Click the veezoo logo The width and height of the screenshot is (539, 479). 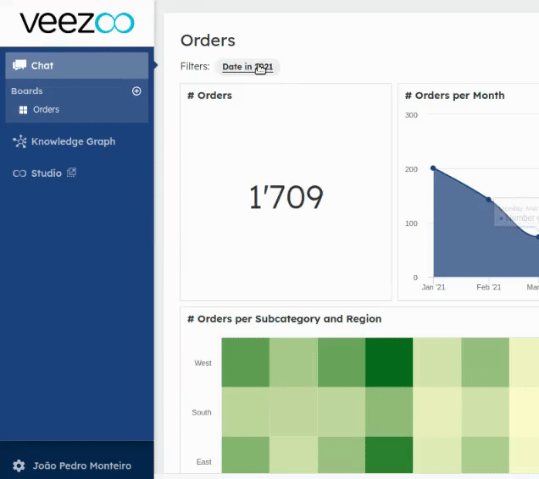point(76,23)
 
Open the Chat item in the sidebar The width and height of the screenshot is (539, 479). point(42,65)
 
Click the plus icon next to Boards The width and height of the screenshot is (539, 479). point(136,91)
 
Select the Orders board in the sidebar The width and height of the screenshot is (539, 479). point(46,110)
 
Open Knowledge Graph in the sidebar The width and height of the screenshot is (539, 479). point(73,141)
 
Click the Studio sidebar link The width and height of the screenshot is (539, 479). point(47,173)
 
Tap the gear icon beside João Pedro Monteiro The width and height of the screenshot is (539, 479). point(19,465)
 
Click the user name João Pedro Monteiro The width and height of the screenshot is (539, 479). point(82,465)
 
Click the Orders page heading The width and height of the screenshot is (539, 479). point(208,41)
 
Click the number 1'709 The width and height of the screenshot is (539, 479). point(286,197)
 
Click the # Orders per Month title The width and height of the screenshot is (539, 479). point(455,96)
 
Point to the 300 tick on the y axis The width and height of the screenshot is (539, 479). point(411,115)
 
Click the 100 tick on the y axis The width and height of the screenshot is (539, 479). point(411,223)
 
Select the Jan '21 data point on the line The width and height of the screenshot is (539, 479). point(433,168)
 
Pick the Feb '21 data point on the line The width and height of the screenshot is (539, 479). point(489,200)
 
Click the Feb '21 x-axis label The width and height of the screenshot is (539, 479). point(489,288)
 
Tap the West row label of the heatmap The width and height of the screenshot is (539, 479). point(203,363)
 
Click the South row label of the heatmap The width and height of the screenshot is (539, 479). point(202,413)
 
